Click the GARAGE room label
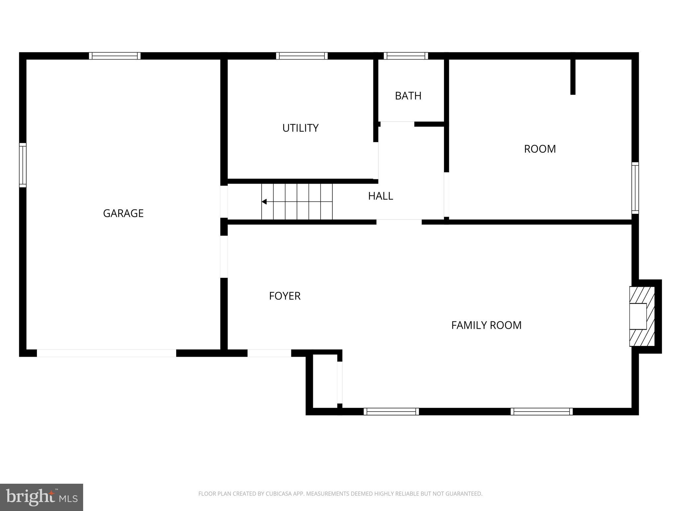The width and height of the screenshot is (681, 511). click(123, 213)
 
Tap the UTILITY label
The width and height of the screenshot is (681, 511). click(300, 128)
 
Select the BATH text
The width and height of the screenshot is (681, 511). click(408, 96)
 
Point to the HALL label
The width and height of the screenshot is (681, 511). click(380, 196)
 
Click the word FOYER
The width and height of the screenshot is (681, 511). click(285, 296)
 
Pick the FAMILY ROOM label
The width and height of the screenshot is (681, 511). click(486, 325)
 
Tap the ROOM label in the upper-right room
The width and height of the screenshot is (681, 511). click(540, 149)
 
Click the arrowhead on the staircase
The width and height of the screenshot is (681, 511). click(264, 202)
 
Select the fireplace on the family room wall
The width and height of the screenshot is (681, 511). click(641, 316)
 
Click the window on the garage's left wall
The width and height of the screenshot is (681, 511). click(23, 165)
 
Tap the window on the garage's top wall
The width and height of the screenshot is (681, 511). click(115, 56)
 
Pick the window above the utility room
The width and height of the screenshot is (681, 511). click(302, 56)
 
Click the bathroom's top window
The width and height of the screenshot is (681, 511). click(406, 56)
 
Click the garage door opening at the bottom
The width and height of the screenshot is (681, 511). click(106, 353)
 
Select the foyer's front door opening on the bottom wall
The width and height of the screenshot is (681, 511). click(269, 353)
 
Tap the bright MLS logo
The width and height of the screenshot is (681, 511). click(42, 497)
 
